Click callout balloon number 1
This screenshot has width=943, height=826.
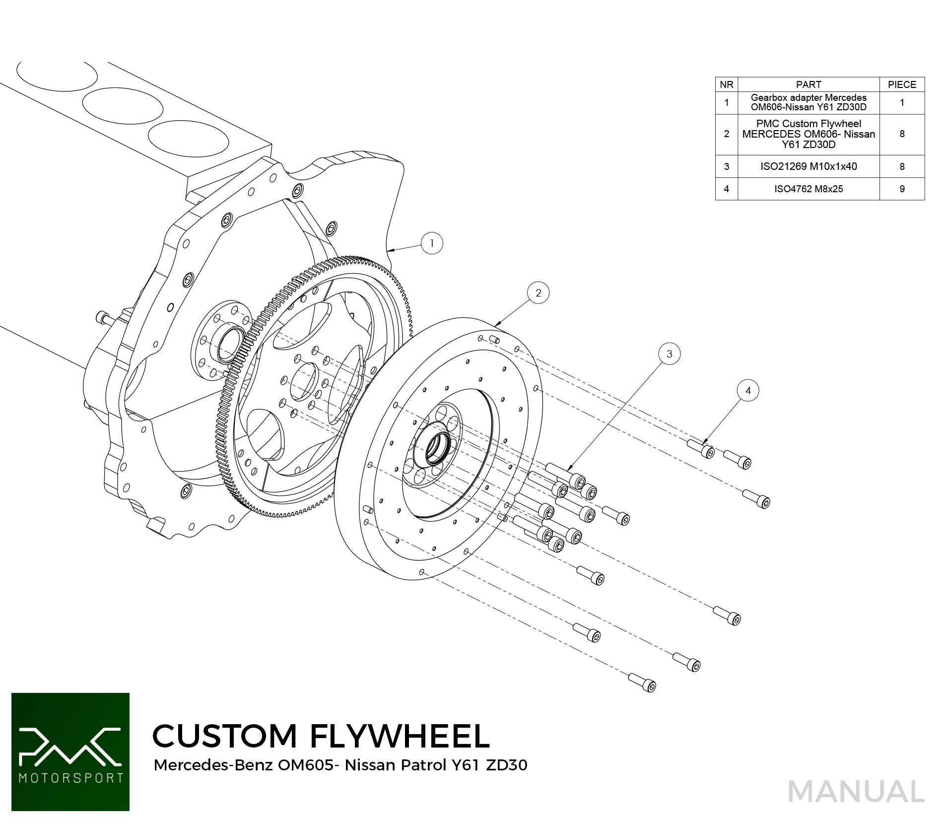(431, 243)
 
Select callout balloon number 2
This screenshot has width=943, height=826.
(538, 293)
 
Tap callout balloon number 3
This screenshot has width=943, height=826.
(669, 354)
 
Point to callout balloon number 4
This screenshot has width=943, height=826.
(748, 390)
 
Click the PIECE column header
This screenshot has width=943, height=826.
(902, 84)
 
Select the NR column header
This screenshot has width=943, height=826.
(727, 84)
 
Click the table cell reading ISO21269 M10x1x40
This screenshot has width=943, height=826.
(808, 166)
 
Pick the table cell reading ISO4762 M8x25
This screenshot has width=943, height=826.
(808, 189)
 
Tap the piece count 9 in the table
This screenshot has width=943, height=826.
(902, 189)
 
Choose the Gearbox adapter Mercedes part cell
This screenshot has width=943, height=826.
(808, 102)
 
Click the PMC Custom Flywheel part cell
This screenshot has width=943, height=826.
(808, 134)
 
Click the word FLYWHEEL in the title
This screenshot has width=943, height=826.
(400, 736)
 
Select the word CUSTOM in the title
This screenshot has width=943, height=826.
(224, 736)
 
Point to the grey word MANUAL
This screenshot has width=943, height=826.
(856, 792)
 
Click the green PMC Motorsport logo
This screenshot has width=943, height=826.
(70, 752)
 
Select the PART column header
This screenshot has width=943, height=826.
(808, 84)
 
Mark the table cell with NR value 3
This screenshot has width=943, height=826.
(727, 166)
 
